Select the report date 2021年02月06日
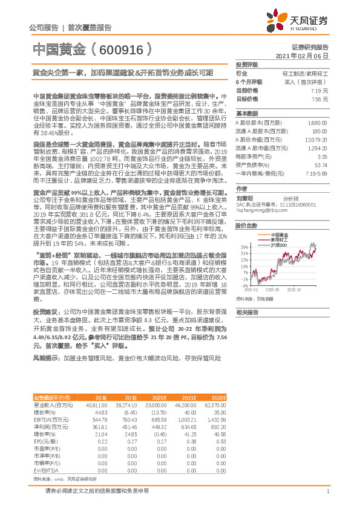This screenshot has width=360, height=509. (307, 55)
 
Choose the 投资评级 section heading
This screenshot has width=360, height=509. (246, 64)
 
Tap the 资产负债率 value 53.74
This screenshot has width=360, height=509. (321, 164)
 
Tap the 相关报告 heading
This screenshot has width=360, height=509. (246, 312)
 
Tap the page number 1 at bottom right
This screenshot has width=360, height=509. (327, 491)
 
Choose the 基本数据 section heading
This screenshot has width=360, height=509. (246, 113)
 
